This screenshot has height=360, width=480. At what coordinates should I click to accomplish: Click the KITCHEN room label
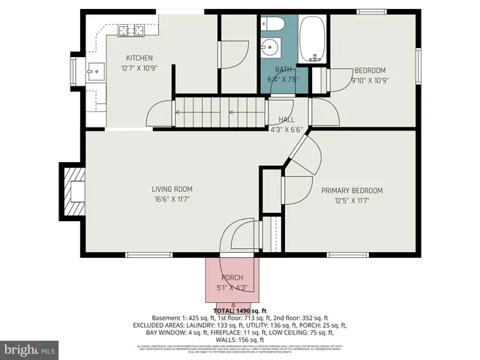pyautogui.click(x=139, y=58)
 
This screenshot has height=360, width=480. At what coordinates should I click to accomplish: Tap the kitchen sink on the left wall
pyautogui.click(x=94, y=71)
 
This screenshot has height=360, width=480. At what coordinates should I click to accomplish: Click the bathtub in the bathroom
pyautogui.click(x=313, y=41)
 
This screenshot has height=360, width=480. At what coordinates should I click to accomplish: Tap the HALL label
pyautogui.click(x=286, y=119)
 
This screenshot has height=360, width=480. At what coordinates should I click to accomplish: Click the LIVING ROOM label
pyautogui.click(x=172, y=189)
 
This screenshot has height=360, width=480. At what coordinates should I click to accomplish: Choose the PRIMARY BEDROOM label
pyautogui.click(x=352, y=190)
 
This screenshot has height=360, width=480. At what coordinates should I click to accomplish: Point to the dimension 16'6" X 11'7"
pyautogui.click(x=172, y=199)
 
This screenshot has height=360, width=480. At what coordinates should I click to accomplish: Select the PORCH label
pyautogui.click(x=231, y=277)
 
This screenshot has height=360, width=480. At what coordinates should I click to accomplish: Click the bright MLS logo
pyautogui.click(x=30, y=349)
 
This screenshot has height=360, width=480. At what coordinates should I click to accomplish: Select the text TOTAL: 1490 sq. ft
pyautogui.click(x=241, y=310)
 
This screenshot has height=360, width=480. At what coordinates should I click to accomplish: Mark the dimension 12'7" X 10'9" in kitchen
pyautogui.click(x=139, y=68)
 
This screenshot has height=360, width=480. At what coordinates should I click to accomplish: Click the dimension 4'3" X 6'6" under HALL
pyautogui.click(x=286, y=129)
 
